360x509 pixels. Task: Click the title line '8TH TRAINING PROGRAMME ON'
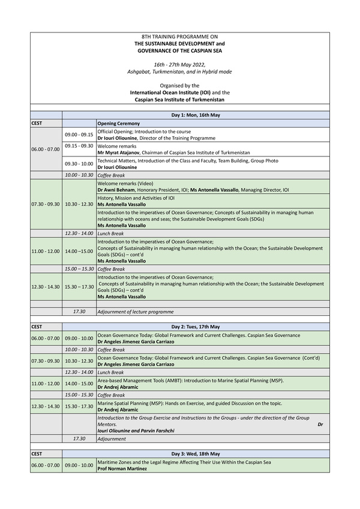(179, 37)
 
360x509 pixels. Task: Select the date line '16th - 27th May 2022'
(179, 64)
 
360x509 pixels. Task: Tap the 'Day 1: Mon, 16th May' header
(196, 115)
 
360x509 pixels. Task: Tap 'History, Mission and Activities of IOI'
(136, 197)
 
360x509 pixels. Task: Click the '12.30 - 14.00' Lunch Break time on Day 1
(79, 233)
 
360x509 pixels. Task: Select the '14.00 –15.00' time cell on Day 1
(79, 251)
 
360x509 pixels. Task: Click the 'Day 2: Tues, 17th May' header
(196, 327)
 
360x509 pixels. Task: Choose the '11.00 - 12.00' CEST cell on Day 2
(46, 384)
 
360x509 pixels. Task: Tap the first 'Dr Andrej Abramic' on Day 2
(118, 387)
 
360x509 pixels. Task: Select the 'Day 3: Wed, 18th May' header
(196, 454)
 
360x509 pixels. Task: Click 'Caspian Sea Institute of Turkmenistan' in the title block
(179, 100)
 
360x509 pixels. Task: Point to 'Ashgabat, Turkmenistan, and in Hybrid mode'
(179, 71)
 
